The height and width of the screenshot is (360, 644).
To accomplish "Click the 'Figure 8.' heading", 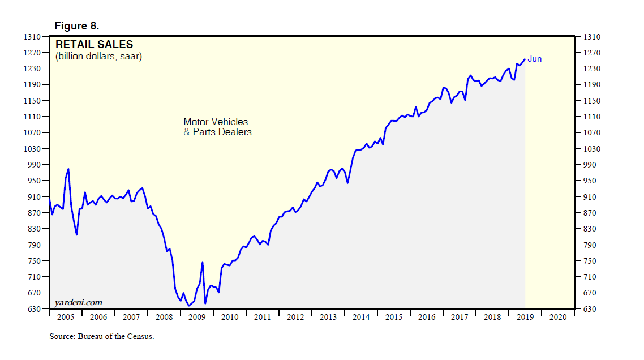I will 77,25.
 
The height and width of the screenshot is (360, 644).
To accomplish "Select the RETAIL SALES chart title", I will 94,44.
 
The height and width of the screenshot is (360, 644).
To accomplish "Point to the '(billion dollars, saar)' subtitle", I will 98,57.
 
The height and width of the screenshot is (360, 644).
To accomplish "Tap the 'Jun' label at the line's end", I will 535,59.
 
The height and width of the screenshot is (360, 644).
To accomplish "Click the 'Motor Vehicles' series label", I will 216,122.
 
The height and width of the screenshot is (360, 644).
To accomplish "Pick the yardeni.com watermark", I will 79,303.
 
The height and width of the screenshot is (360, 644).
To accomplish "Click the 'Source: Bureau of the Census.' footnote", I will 102,336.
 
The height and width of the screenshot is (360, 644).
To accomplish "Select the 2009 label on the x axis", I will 197,318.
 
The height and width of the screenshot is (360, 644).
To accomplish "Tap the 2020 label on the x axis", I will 558,318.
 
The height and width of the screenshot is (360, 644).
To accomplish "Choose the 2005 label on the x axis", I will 66,318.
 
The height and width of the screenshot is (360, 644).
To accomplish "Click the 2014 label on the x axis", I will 361,318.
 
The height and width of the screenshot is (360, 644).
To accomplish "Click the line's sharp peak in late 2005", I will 68,169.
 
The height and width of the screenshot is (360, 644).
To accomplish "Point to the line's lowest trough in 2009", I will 188,306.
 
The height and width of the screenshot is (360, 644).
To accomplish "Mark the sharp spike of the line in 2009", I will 202,262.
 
